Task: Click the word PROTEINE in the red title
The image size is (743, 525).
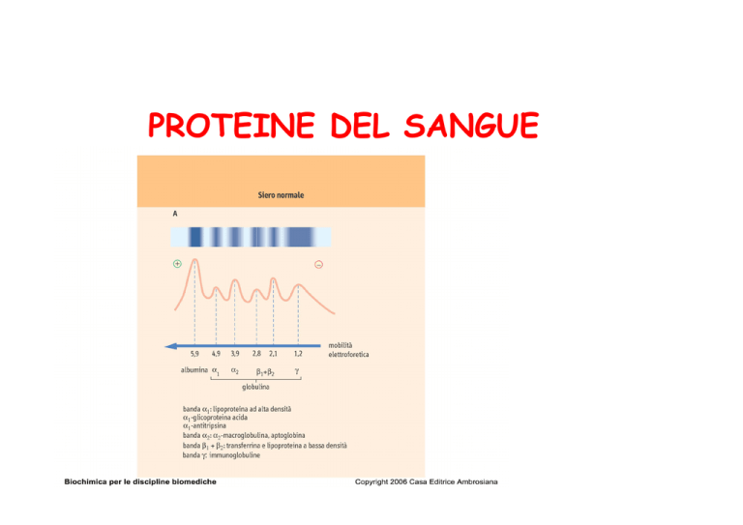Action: coord(232,126)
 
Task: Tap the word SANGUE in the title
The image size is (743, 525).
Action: coord(471,126)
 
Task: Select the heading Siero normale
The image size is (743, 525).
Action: coord(281,195)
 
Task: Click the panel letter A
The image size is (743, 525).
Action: coord(175,214)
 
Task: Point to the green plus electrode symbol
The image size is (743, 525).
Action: coord(177,264)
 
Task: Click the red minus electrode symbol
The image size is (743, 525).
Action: coord(319,265)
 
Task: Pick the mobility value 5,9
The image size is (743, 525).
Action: coord(194,354)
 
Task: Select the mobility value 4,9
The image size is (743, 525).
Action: coord(216,354)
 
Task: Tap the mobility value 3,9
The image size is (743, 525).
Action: coord(235,354)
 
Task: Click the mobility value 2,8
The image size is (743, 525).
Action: coord(256,354)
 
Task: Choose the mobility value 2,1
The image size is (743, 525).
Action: coord(274,354)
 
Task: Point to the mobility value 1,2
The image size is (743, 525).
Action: coord(298,354)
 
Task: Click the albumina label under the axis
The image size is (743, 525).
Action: coord(194,369)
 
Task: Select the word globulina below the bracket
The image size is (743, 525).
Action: coord(255,387)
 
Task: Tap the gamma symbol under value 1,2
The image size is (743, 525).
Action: coord(297,371)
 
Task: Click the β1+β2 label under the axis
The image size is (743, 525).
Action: coord(265,371)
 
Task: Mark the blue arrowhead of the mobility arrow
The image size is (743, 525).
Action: coord(170,346)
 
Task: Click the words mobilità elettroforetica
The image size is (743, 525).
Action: coord(348,350)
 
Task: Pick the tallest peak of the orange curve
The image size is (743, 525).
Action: coord(194,259)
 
